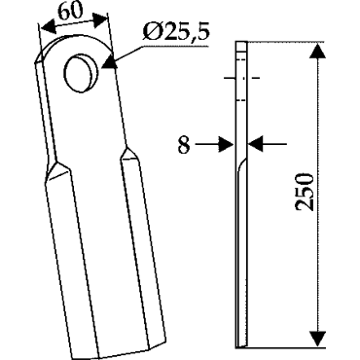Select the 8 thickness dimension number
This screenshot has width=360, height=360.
[x=184, y=144]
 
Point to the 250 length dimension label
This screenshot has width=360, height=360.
[x=305, y=192]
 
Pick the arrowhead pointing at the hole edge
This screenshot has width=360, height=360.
[x=109, y=62]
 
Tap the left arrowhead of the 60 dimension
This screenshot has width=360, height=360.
[x=48, y=27]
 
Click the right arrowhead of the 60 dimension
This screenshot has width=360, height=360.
[x=100, y=20]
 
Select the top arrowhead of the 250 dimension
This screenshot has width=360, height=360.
[x=317, y=51]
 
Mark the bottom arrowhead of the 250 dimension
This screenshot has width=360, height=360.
[x=318, y=339]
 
